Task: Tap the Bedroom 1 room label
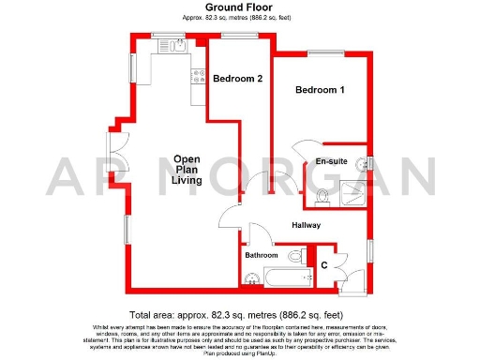pyautogui.click(x=321, y=91)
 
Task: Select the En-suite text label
pyautogui.click(x=331, y=161)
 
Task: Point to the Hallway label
pyautogui.click(x=306, y=225)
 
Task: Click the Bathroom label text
pyautogui.click(x=262, y=255)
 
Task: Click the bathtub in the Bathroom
pyautogui.click(x=285, y=278)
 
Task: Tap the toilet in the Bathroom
pyautogui.click(x=296, y=255)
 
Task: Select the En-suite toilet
pyautogui.click(x=321, y=197)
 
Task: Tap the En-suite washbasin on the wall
pyautogui.click(x=368, y=161)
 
